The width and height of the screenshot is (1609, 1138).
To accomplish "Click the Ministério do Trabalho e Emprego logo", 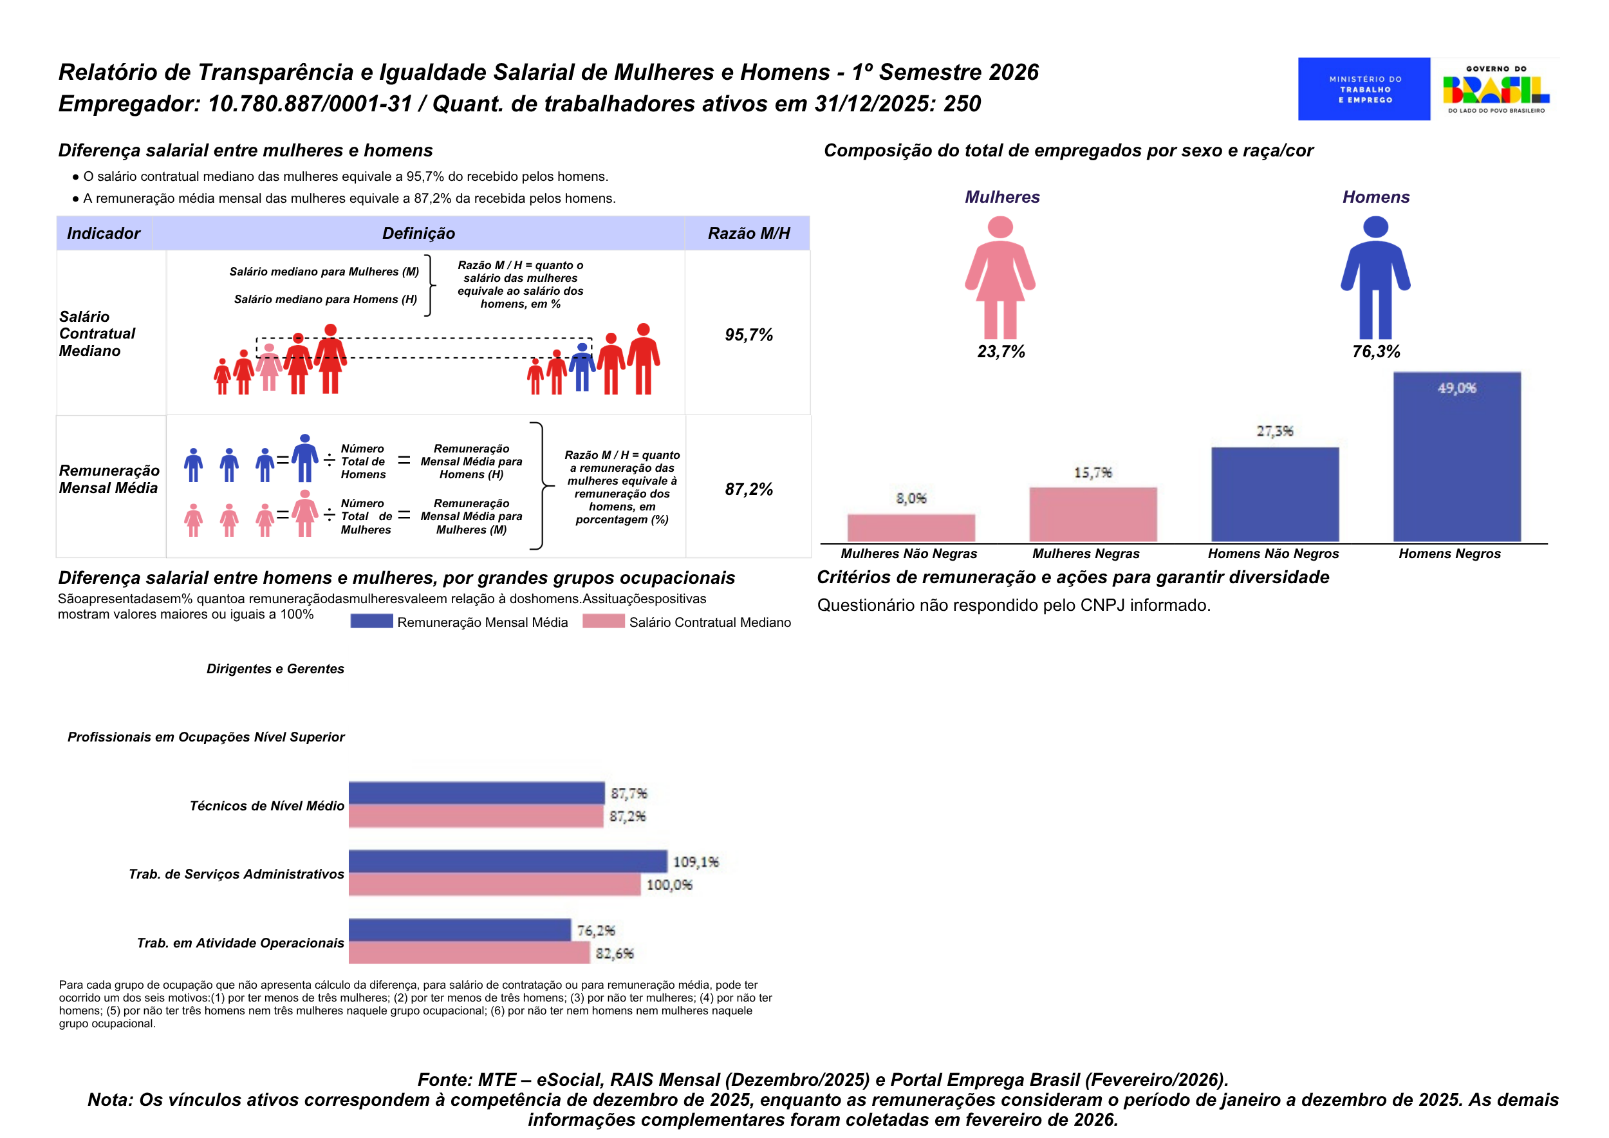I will tap(1363, 89).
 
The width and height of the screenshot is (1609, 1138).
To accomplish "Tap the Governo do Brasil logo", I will tap(1496, 89).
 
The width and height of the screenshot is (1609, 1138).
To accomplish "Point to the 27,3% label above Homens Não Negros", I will tap(1274, 431).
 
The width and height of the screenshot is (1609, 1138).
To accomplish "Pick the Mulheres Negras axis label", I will tap(1086, 554).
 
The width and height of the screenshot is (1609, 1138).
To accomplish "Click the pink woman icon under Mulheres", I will tap(1000, 277).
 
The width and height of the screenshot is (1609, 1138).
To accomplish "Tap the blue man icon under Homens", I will tap(1375, 277).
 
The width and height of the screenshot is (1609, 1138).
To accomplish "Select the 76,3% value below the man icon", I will tap(1375, 352).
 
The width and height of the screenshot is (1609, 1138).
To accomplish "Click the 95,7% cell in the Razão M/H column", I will tap(749, 335).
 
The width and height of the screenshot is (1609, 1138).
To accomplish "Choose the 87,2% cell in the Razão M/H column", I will tap(749, 489).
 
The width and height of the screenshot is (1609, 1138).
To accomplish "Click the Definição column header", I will tap(418, 234).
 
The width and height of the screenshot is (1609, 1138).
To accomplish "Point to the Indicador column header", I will tap(104, 234).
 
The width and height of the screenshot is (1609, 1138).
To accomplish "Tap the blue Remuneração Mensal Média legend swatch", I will tap(371, 622).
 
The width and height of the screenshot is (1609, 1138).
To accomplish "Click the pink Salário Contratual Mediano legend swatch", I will tap(604, 622).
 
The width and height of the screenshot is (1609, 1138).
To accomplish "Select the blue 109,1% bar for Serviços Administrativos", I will tap(507, 861).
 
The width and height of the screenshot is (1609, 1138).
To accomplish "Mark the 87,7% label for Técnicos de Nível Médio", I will tap(629, 793).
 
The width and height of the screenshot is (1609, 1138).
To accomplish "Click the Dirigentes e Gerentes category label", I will tap(275, 669).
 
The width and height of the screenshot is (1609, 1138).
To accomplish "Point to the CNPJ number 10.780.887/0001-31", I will tap(310, 104).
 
